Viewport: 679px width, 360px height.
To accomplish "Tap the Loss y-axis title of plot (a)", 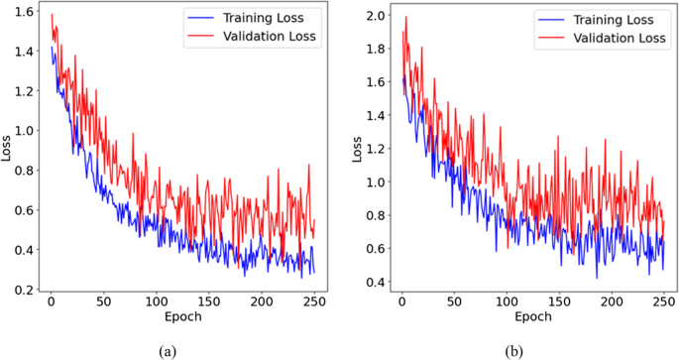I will (x=8, y=150).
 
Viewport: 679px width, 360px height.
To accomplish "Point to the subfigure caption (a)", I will (x=171, y=350).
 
